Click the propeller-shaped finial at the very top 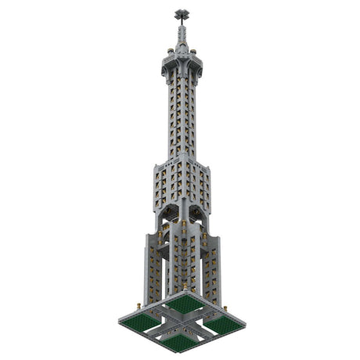[182, 13]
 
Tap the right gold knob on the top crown [193, 52]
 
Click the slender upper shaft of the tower [182, 117]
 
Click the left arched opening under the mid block [166, 223]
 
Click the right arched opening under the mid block [197, 223]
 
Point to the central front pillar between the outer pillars [182, 262]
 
